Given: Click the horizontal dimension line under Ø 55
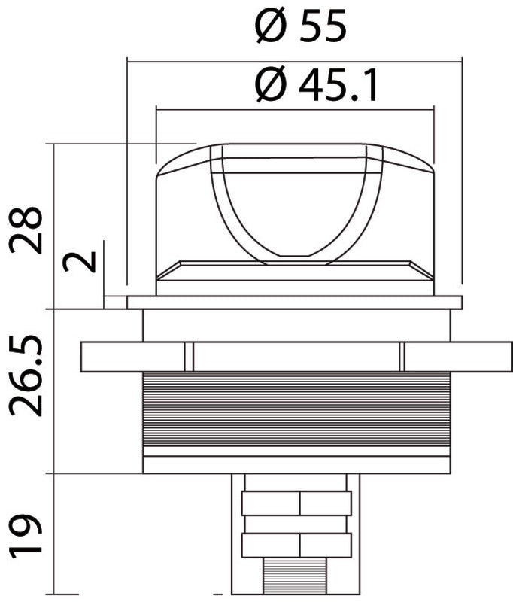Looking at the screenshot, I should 293,60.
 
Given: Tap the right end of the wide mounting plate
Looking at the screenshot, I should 481,357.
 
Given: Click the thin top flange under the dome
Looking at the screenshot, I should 294,303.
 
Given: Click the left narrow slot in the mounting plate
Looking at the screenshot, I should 189,357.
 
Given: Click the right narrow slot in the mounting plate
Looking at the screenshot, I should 402,357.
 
